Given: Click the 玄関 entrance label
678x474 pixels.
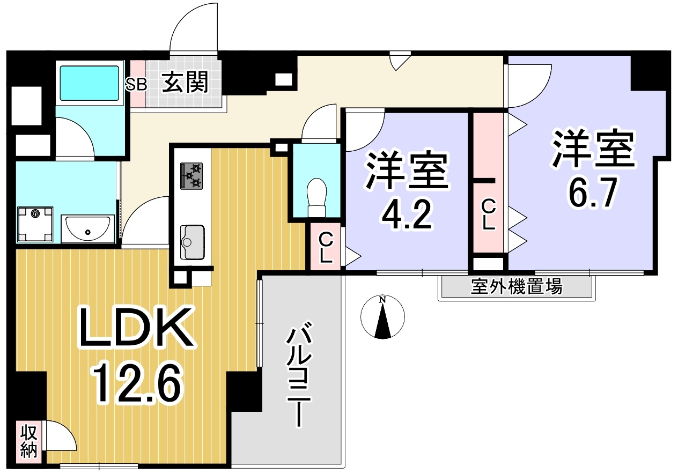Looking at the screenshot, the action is (185, 82).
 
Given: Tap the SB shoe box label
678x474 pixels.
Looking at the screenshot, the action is (136, 84).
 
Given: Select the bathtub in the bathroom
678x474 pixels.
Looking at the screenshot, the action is (89, 83).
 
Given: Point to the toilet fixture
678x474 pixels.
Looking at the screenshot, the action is (316, 197).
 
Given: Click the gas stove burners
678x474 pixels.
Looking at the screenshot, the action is (191, 176).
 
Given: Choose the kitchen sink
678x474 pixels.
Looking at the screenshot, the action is (192, 242).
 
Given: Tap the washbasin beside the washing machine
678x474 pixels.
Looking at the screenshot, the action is (87, 228).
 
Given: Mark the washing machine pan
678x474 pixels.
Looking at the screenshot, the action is (35, 224).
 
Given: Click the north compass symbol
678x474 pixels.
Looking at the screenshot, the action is (382, 316).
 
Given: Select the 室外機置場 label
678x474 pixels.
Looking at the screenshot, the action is (517, 286).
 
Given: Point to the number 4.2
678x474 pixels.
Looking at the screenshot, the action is (407, 215).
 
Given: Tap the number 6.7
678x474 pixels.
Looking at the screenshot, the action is (592, 192).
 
